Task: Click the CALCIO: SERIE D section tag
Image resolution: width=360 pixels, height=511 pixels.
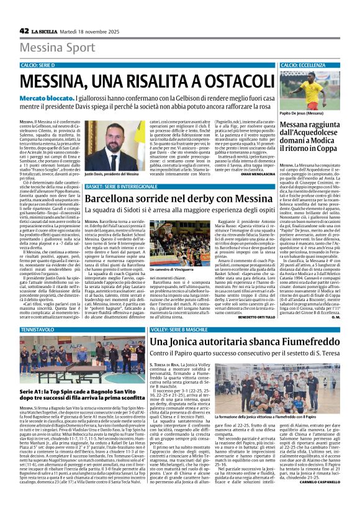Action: point(39,65)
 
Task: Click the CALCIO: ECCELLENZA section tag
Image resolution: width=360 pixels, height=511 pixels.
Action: point(303,65)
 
